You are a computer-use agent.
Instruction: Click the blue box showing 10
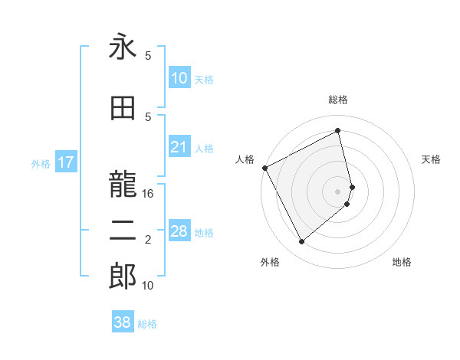click(x=179, y=78)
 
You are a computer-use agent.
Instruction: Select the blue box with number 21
click(x=179, y=148)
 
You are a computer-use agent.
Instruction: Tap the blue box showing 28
click(x=179, y=231)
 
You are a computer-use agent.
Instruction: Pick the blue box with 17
click(x=65, y=162)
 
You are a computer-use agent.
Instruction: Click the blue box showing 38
click(x=123, y=322)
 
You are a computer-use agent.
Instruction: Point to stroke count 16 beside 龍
click(x=148, y=194)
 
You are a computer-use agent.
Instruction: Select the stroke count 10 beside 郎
click(x=148, y=286)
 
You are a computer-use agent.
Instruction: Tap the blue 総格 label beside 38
click(x=147, y=324)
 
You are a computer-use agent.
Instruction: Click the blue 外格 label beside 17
click(x=40, y=163)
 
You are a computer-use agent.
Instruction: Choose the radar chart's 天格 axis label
click(x=431, y=159)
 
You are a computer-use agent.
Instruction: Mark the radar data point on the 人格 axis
click(x=264, y=168)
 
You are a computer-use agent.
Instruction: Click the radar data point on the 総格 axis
click(x=337, y=131)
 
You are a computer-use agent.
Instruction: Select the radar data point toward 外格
click(x=301, y=242)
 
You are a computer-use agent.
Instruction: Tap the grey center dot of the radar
click(x=337, y=191)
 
